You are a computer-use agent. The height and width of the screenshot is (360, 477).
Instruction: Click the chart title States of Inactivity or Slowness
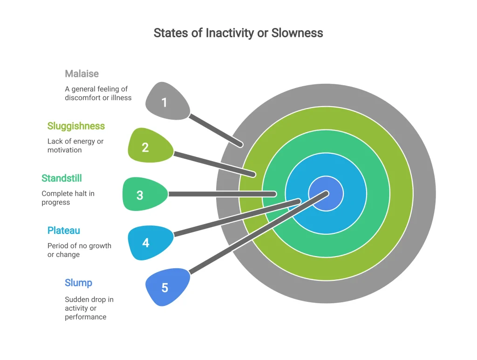(238, 33)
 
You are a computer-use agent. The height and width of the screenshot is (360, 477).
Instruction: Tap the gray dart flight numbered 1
(167, 101)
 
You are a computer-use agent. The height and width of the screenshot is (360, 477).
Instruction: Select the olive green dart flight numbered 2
(150, 146)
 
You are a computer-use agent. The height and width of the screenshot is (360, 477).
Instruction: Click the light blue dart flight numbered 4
(150, 242)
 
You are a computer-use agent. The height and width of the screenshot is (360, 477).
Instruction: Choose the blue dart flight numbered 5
(167, 287)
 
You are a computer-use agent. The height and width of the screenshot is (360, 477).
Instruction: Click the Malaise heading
(82, 74)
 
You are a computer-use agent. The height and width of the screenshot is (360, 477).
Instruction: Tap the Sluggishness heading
(76, 126)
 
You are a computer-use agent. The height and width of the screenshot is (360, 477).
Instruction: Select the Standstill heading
(62, 178)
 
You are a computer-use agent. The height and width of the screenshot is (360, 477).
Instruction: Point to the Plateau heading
(63, 231)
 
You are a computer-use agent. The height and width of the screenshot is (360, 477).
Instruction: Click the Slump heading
(78, 283)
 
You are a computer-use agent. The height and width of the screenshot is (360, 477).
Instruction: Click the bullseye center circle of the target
(326, 193)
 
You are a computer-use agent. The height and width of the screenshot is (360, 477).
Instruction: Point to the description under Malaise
(98, 93)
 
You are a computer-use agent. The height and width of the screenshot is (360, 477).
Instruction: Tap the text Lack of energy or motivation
(75, 146)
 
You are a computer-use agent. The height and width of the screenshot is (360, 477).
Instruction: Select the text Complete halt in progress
(68, 198)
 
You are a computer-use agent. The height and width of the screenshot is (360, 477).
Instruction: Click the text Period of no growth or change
(79, 250)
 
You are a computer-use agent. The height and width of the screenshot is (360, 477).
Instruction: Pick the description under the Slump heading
(89, 308)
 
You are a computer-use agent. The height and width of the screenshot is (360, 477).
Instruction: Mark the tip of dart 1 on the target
(241, 145)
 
